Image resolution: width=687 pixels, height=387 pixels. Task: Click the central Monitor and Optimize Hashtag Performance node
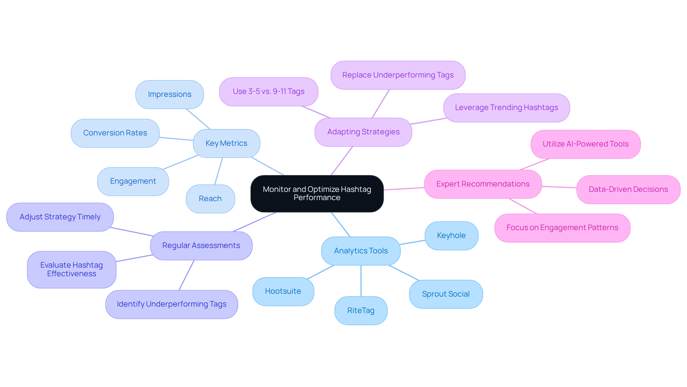(x=317, y=193)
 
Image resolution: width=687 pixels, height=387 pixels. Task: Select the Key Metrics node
(x=226, y=143)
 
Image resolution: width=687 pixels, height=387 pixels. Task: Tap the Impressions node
(x=170, y=94)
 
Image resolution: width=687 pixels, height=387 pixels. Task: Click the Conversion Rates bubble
(x=115, y=133)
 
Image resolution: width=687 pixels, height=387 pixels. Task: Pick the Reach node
(x=210, y=199)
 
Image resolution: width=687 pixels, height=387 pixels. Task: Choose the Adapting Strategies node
(x=363, y=132)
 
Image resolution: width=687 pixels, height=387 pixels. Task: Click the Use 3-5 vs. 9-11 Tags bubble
(x=268, y=91)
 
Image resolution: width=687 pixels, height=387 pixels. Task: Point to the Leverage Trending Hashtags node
(x=506, y=108)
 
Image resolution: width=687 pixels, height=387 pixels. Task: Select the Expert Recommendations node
(x=483, y=184)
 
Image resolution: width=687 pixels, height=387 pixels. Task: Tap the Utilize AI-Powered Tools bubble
(x=585, y=144)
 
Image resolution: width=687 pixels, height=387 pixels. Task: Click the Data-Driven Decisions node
(x=628, y=189)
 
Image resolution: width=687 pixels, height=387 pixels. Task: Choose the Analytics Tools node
(x=361, y=251)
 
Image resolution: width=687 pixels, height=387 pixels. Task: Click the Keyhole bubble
(x=451, y=235)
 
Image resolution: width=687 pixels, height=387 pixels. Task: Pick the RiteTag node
(x=361, y=311)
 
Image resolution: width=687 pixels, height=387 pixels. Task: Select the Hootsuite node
(x=283, y=291)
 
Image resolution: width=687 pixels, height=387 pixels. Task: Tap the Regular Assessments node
(x=201, y=245)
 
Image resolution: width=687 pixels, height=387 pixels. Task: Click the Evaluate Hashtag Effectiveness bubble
(x=72, y=269)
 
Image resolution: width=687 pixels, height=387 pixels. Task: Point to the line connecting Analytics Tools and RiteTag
(x=361, y=281)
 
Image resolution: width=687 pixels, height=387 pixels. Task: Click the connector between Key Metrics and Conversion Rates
(x=176, y=139)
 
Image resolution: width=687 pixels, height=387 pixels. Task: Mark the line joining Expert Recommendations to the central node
(x=404, y=189)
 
